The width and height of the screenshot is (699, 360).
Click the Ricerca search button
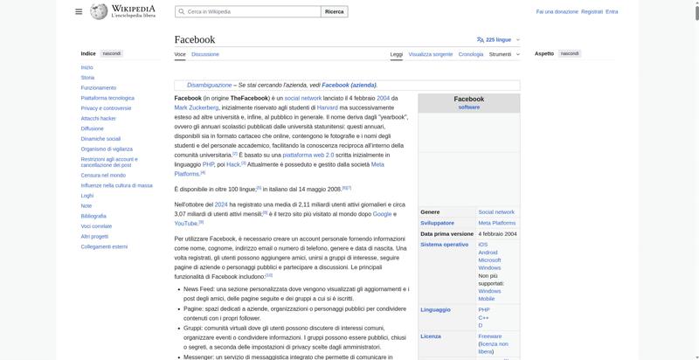[x=335, y=11]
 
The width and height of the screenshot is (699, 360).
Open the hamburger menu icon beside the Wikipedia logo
[x=79, y=11]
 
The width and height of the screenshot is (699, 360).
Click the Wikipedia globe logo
[x=97, y=11]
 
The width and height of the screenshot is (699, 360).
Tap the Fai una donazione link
[x=557, y=11]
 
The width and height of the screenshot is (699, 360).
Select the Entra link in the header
[x=612, y=11]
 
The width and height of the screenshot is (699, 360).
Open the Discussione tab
[x=205, y=54]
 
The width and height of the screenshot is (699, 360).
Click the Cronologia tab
[x=470, y=54]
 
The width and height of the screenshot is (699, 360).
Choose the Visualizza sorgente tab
[x=430, y=54]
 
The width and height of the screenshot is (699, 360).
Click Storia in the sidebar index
[x=87, y=78]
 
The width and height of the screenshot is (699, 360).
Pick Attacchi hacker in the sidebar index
[x=98, y=118]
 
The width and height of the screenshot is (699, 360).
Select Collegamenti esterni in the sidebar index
[x=104, y=246]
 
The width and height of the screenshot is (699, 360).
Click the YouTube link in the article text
[x=185, y=223]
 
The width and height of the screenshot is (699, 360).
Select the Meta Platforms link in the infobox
[x=496, y=223]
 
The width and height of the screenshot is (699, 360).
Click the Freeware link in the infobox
[x=489, y=336]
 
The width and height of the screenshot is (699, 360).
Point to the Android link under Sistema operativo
[x=488, y=252]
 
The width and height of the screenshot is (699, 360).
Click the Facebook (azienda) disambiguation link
[x=349, y=85]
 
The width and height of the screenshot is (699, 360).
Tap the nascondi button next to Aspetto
[x=570, y=53]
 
